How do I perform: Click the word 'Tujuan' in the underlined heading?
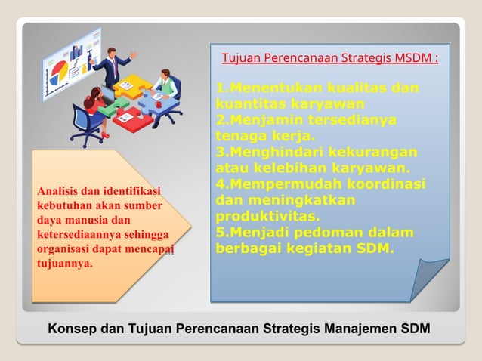coord(240,58)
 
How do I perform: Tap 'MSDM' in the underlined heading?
coord(412,58)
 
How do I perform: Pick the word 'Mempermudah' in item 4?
coord(274,184)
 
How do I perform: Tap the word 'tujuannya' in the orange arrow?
coord(64,264)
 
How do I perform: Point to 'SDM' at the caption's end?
coord(416,329)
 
